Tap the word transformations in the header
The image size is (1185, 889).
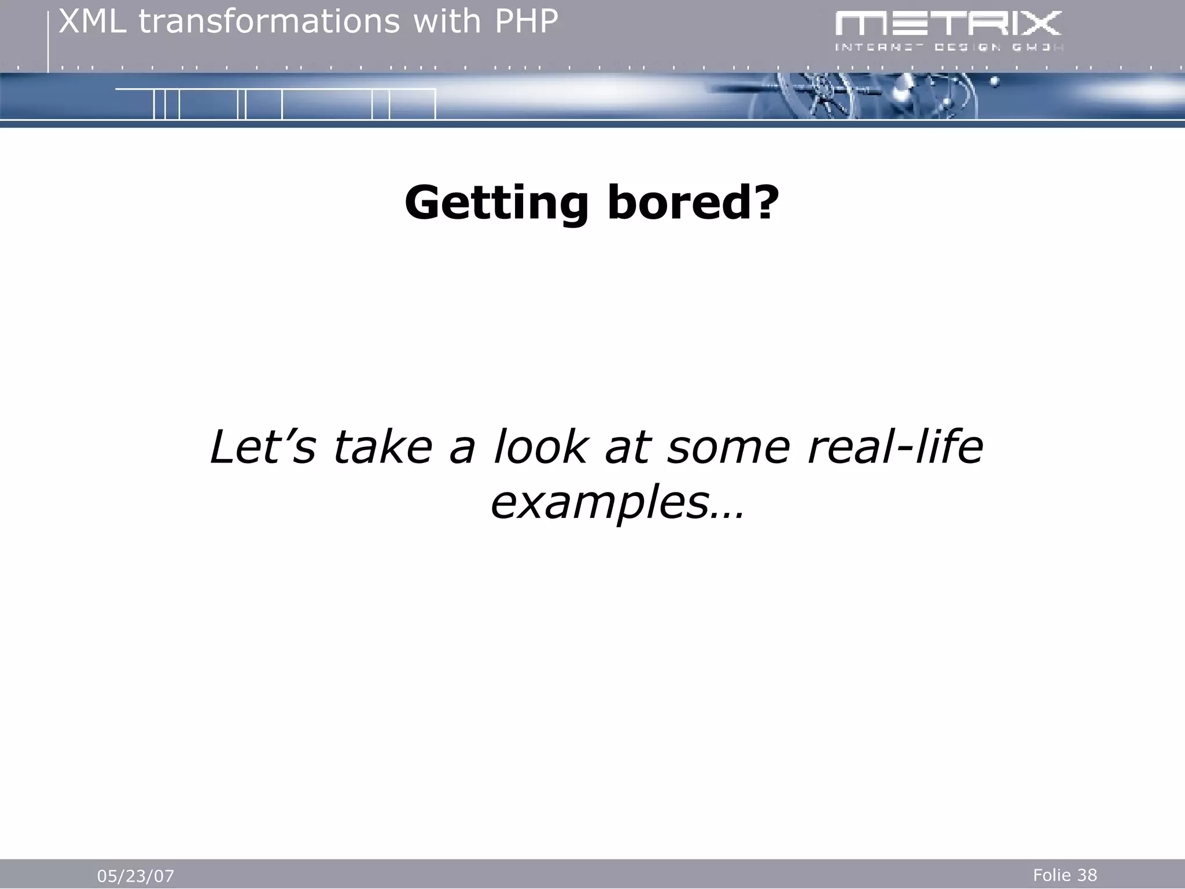(x=269, y=22)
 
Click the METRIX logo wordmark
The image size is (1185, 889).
(x=948, y=24)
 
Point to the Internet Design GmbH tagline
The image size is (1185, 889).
(x=949, y=47)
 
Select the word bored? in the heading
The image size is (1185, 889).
(x=693, y=203)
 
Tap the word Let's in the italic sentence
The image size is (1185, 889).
(x=263, y=447)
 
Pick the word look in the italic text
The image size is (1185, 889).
(x=540, y=447)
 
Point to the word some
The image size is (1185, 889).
(x=728, y=447)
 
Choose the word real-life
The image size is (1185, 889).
(x=895, y=447)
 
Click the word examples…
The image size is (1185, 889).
(x=616, y=503)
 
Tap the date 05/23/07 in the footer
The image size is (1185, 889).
(x=135, y=876)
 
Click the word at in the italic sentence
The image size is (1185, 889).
(x=627, y=447)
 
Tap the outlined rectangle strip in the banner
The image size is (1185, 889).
(x=275, y=104)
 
